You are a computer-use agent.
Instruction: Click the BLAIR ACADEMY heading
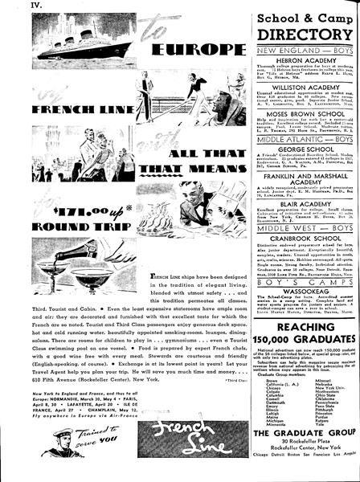(302, 227)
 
